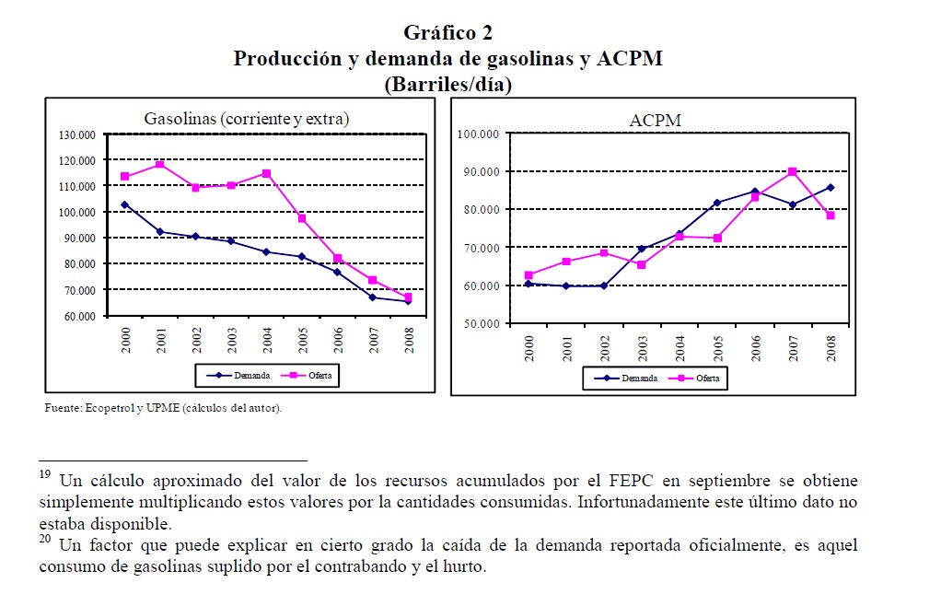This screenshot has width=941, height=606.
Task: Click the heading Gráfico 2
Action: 447,33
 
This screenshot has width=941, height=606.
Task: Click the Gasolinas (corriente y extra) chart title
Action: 247,118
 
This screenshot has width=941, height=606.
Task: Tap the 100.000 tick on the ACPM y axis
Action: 478,134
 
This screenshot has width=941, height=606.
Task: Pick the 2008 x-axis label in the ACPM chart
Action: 831,349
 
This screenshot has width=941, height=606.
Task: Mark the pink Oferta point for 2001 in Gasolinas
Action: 159,165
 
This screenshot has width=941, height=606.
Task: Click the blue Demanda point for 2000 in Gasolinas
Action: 125,204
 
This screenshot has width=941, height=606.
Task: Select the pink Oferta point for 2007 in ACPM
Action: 792,172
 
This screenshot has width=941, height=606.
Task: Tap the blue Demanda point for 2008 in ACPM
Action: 830,188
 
